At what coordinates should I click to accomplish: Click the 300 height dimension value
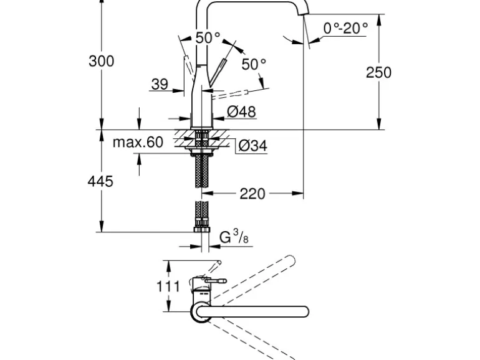click(x=101, y=61)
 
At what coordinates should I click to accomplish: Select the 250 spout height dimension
click(x=378, y=72)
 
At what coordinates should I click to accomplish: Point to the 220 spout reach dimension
click(x=252, y=194)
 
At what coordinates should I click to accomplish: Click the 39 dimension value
click(x=160, y=83)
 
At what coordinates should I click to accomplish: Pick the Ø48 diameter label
click(x=241, y=111)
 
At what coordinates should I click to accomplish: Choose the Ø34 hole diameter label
click(x=252, y=146)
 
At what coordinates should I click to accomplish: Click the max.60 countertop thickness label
click(x=138, y=143)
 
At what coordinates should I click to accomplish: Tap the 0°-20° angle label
click(x=345, y=27)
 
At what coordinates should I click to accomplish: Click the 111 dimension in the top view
click(x=168, y=287)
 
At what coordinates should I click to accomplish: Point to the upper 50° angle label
click(x=208, y=38)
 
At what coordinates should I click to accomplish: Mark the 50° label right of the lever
click(x=254, y=64)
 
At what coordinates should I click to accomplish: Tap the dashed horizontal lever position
click(x=232, y=94)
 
